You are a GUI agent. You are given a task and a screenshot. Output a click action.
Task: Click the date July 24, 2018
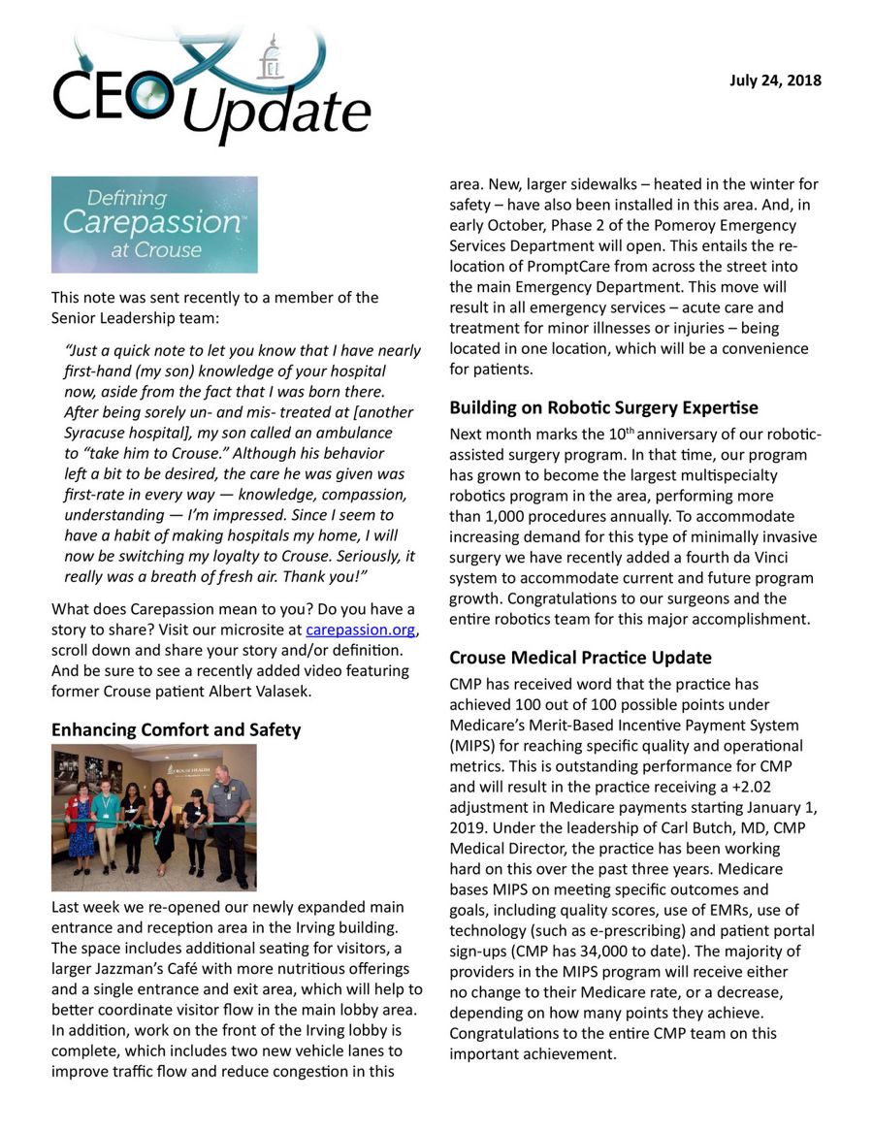(775, 81)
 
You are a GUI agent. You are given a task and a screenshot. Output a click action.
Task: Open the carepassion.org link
(361, 630)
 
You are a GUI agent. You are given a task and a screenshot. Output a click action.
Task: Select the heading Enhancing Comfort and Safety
(176, 729)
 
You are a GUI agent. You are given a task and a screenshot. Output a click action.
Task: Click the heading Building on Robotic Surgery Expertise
(603, 407)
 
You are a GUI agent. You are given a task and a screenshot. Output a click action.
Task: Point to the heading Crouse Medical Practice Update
(580, 657)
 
